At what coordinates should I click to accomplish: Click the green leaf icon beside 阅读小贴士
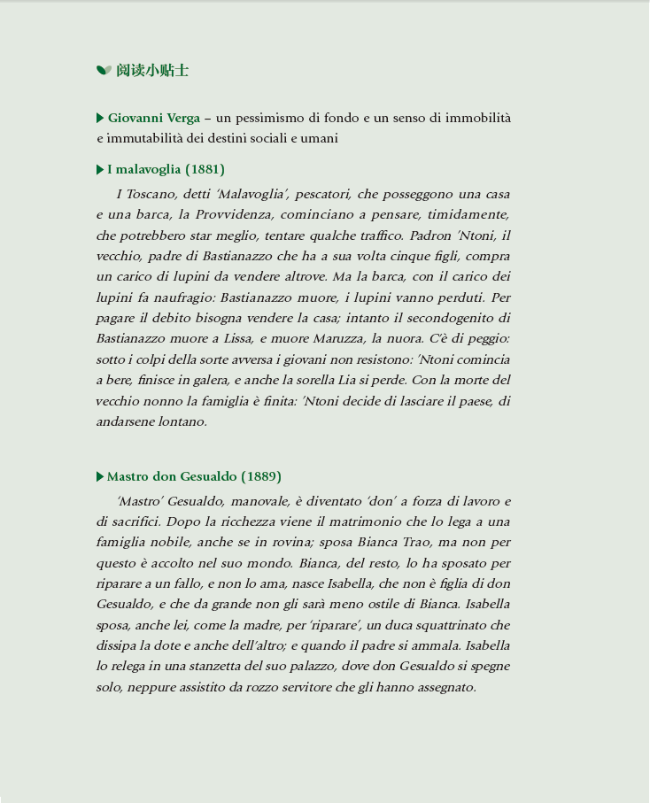pos(104,70)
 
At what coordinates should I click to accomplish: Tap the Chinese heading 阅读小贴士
pos(152,70)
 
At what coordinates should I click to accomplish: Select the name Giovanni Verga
pos(153,118)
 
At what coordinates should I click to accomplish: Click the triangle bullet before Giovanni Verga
pos(100,118)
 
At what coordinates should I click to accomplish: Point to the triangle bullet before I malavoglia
pos(100,169)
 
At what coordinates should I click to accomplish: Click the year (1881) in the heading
pos(205,169)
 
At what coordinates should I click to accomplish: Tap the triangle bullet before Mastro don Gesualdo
pos(100,477)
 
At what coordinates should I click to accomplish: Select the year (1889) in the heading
pos(261,477)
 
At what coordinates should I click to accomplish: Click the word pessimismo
pos(273,118)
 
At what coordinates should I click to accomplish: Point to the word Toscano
pos(152,194)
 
